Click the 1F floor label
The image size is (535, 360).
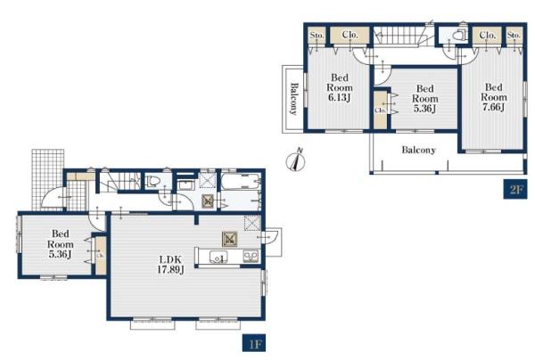tap(254, 343)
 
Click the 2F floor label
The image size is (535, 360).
tap(515, 190)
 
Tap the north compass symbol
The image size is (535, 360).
tap(295, 160)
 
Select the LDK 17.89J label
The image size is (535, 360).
tap(170, 265)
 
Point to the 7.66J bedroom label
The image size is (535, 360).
tap(493, 97)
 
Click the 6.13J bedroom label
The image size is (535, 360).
tap(339, 87)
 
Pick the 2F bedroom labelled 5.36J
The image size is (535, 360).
tap(424, 99)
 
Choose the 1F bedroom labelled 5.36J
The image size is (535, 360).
tap(60, 244)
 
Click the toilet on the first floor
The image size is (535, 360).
tap(152, 182)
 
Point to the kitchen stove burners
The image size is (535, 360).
tap(250, 257)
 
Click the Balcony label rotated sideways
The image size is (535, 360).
tap(293, 99)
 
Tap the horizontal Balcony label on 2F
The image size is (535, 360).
tap(419, 150)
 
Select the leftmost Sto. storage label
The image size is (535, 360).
tap(317, 35)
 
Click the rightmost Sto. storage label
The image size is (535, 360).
tap(514, 35)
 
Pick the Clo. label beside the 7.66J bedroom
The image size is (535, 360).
tap(487, 35)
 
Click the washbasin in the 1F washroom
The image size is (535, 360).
tap(186, 186)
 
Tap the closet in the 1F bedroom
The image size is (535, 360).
tap(100, 256)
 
